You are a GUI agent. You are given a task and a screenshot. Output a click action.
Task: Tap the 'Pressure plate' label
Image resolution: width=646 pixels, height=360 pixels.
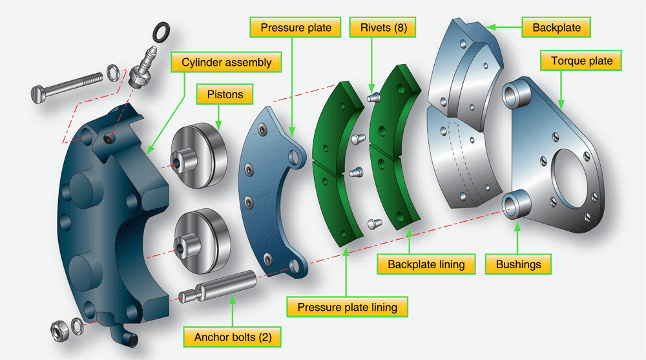295,28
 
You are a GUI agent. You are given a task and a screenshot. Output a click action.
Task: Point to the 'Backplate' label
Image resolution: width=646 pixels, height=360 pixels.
556,28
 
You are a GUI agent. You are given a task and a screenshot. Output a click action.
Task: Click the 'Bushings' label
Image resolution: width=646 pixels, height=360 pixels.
519,264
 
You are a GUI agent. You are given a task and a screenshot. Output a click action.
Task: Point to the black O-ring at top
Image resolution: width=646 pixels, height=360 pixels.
161,30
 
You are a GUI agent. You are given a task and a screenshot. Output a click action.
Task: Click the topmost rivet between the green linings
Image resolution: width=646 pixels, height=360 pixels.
371,98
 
